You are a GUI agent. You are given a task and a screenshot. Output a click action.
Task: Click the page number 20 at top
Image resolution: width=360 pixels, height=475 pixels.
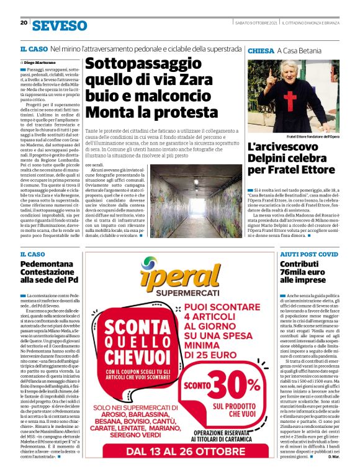pos(24,23)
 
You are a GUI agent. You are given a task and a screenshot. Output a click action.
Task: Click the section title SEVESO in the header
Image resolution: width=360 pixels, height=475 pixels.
pos(60,25)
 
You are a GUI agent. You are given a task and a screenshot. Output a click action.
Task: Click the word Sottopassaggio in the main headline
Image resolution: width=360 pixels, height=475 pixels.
pos(138,64)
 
